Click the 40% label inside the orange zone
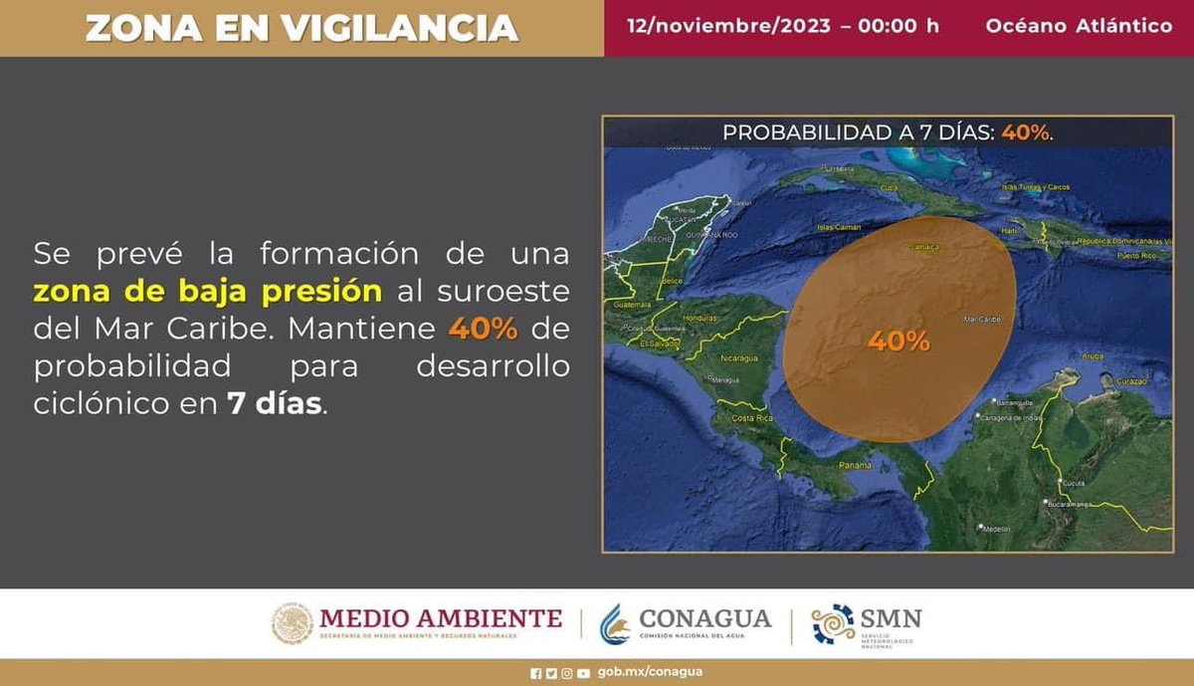pos(898,342)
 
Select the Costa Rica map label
pos(751,418)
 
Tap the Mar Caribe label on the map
pos(982,320)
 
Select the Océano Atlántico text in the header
pos(1079,26)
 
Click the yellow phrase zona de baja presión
pos(207,292)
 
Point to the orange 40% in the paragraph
pos(483,328)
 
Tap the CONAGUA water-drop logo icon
pos(614,624)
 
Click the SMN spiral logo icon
pos(833,624)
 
